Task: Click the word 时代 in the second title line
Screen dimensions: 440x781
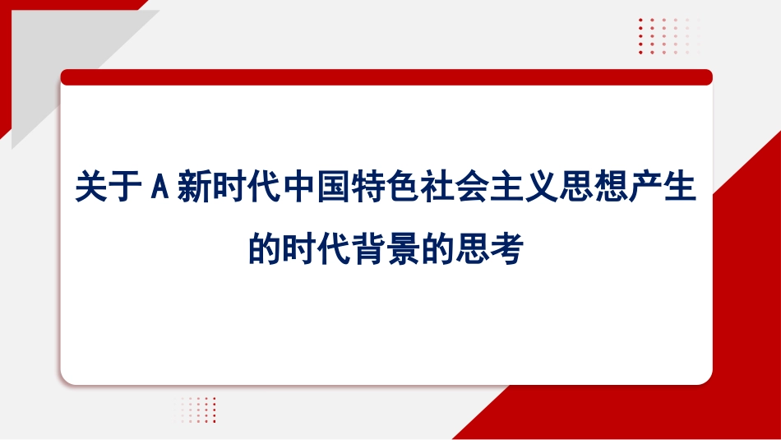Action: [320, 249]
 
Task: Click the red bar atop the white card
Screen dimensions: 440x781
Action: [386, 77]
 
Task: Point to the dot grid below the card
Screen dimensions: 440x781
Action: [198, 410]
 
